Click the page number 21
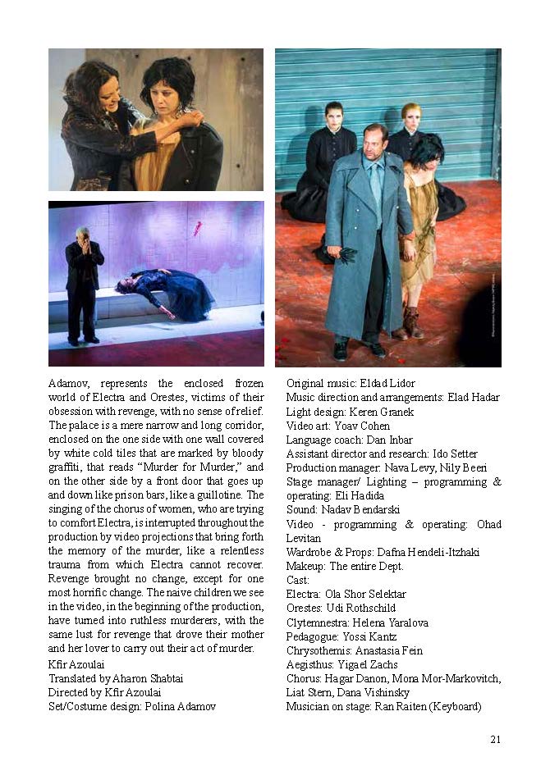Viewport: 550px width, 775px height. [x=495, y=739]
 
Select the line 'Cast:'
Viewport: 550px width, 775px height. [x=299, y=580]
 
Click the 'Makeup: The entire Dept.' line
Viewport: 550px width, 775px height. [x=345, y=566]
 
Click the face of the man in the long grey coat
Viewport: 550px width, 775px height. [x=376, y=139]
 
